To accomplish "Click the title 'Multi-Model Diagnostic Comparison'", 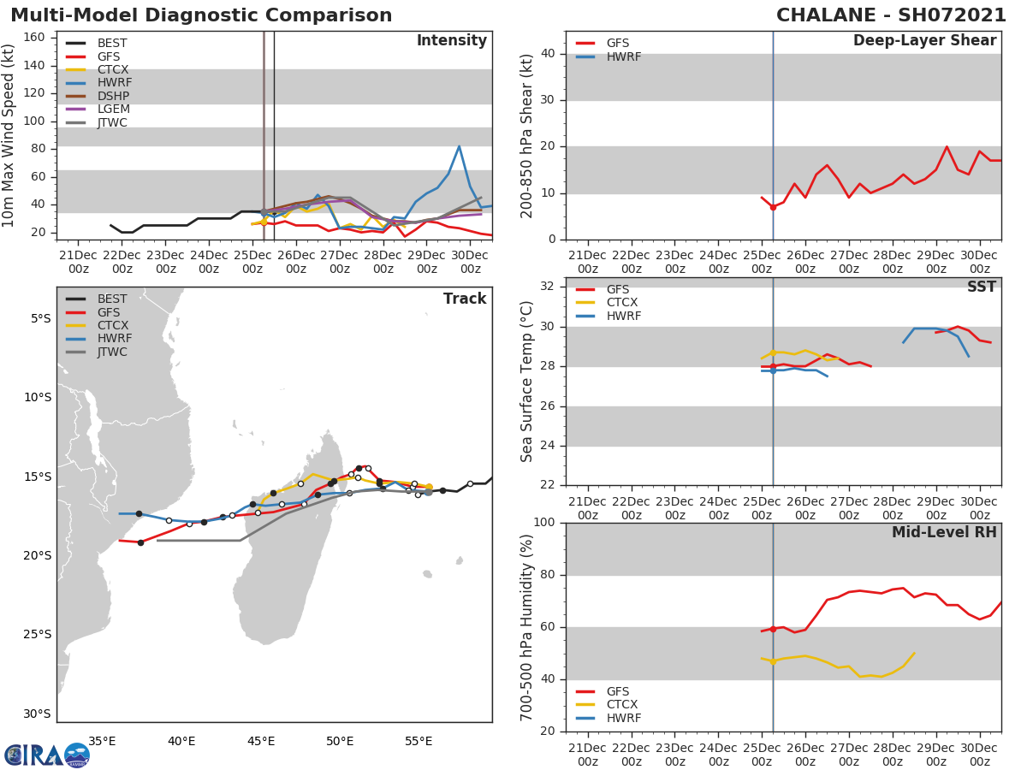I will [x=201, y=15].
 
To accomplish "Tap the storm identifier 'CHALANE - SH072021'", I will [x=891, y=15].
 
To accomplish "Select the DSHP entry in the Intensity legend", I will [x=113, y=96].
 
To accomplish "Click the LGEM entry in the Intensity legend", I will [x=113, y=110].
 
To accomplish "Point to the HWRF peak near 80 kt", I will [x=459, y=146].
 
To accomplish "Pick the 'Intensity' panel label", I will [x=451, y=41].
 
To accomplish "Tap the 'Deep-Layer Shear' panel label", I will [x=924, y=41].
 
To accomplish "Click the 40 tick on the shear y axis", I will [x=549, y=54].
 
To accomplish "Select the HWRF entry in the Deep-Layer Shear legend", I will [x=623, y=57].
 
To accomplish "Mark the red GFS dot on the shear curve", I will [x=773, y=207].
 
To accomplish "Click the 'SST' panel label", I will [x=981, y=287].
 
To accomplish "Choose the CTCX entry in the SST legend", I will [x=623, y=303].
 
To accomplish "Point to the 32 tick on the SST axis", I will [x=549, y=287].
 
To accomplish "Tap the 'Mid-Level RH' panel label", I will [x=944, y=533].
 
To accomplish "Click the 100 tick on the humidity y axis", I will [x=546, y=523].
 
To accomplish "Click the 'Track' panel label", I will [x=464, y=299].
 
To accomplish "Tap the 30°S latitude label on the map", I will [x=37, y=714].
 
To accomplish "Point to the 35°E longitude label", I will [x=103, y=741].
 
